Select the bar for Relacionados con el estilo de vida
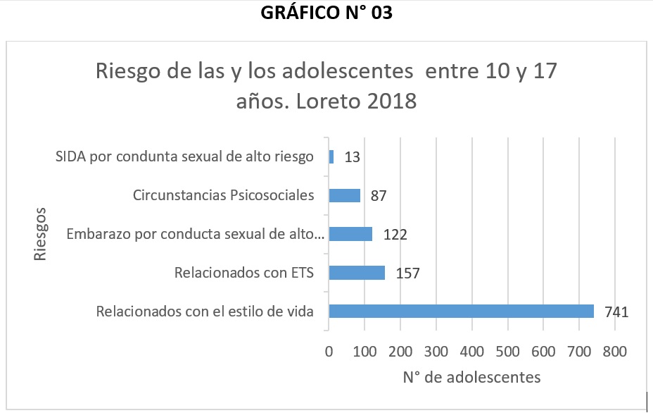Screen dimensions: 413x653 pos(461,311)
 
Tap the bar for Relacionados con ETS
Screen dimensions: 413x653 pos(357,273)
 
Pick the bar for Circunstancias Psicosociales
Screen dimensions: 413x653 pos(344,195)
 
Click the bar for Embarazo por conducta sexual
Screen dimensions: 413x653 pos(350,234)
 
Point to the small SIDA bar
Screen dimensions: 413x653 pos(331,156)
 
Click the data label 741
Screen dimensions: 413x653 pos(614,312)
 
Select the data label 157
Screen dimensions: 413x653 pos(408,273)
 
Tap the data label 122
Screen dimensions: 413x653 pos(395,235)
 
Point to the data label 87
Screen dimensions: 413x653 pos(377,196)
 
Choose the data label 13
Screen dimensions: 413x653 pos(353,157)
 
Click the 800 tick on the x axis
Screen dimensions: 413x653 pos(614,350)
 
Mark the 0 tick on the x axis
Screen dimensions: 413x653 pos(329,350)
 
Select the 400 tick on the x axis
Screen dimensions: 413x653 pos(471,350)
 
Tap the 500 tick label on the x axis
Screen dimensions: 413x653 pos(507,350)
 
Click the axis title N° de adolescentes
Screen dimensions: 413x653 pos(471,378)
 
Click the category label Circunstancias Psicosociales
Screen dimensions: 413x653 pos(223,195)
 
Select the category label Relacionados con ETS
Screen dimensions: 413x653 pos(243,273)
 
